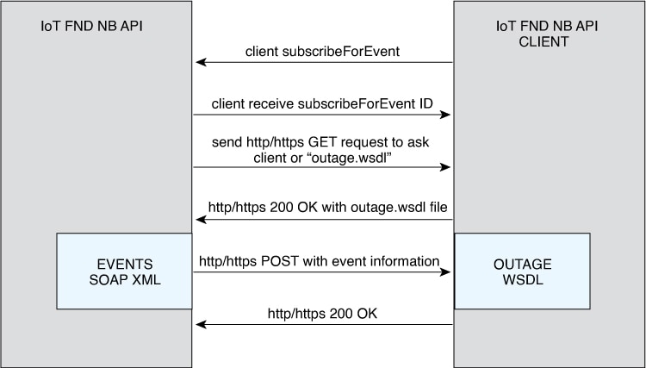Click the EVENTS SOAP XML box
coord(124,271)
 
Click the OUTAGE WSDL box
coord(522,271)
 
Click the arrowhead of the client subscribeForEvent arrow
coord(200,62)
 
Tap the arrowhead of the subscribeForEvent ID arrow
coord(448,115)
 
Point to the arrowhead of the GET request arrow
coord(448,167)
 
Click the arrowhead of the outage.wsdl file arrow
coord(200,220)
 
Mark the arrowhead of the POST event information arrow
coord(448,272)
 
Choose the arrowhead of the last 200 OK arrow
coord(200,325)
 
